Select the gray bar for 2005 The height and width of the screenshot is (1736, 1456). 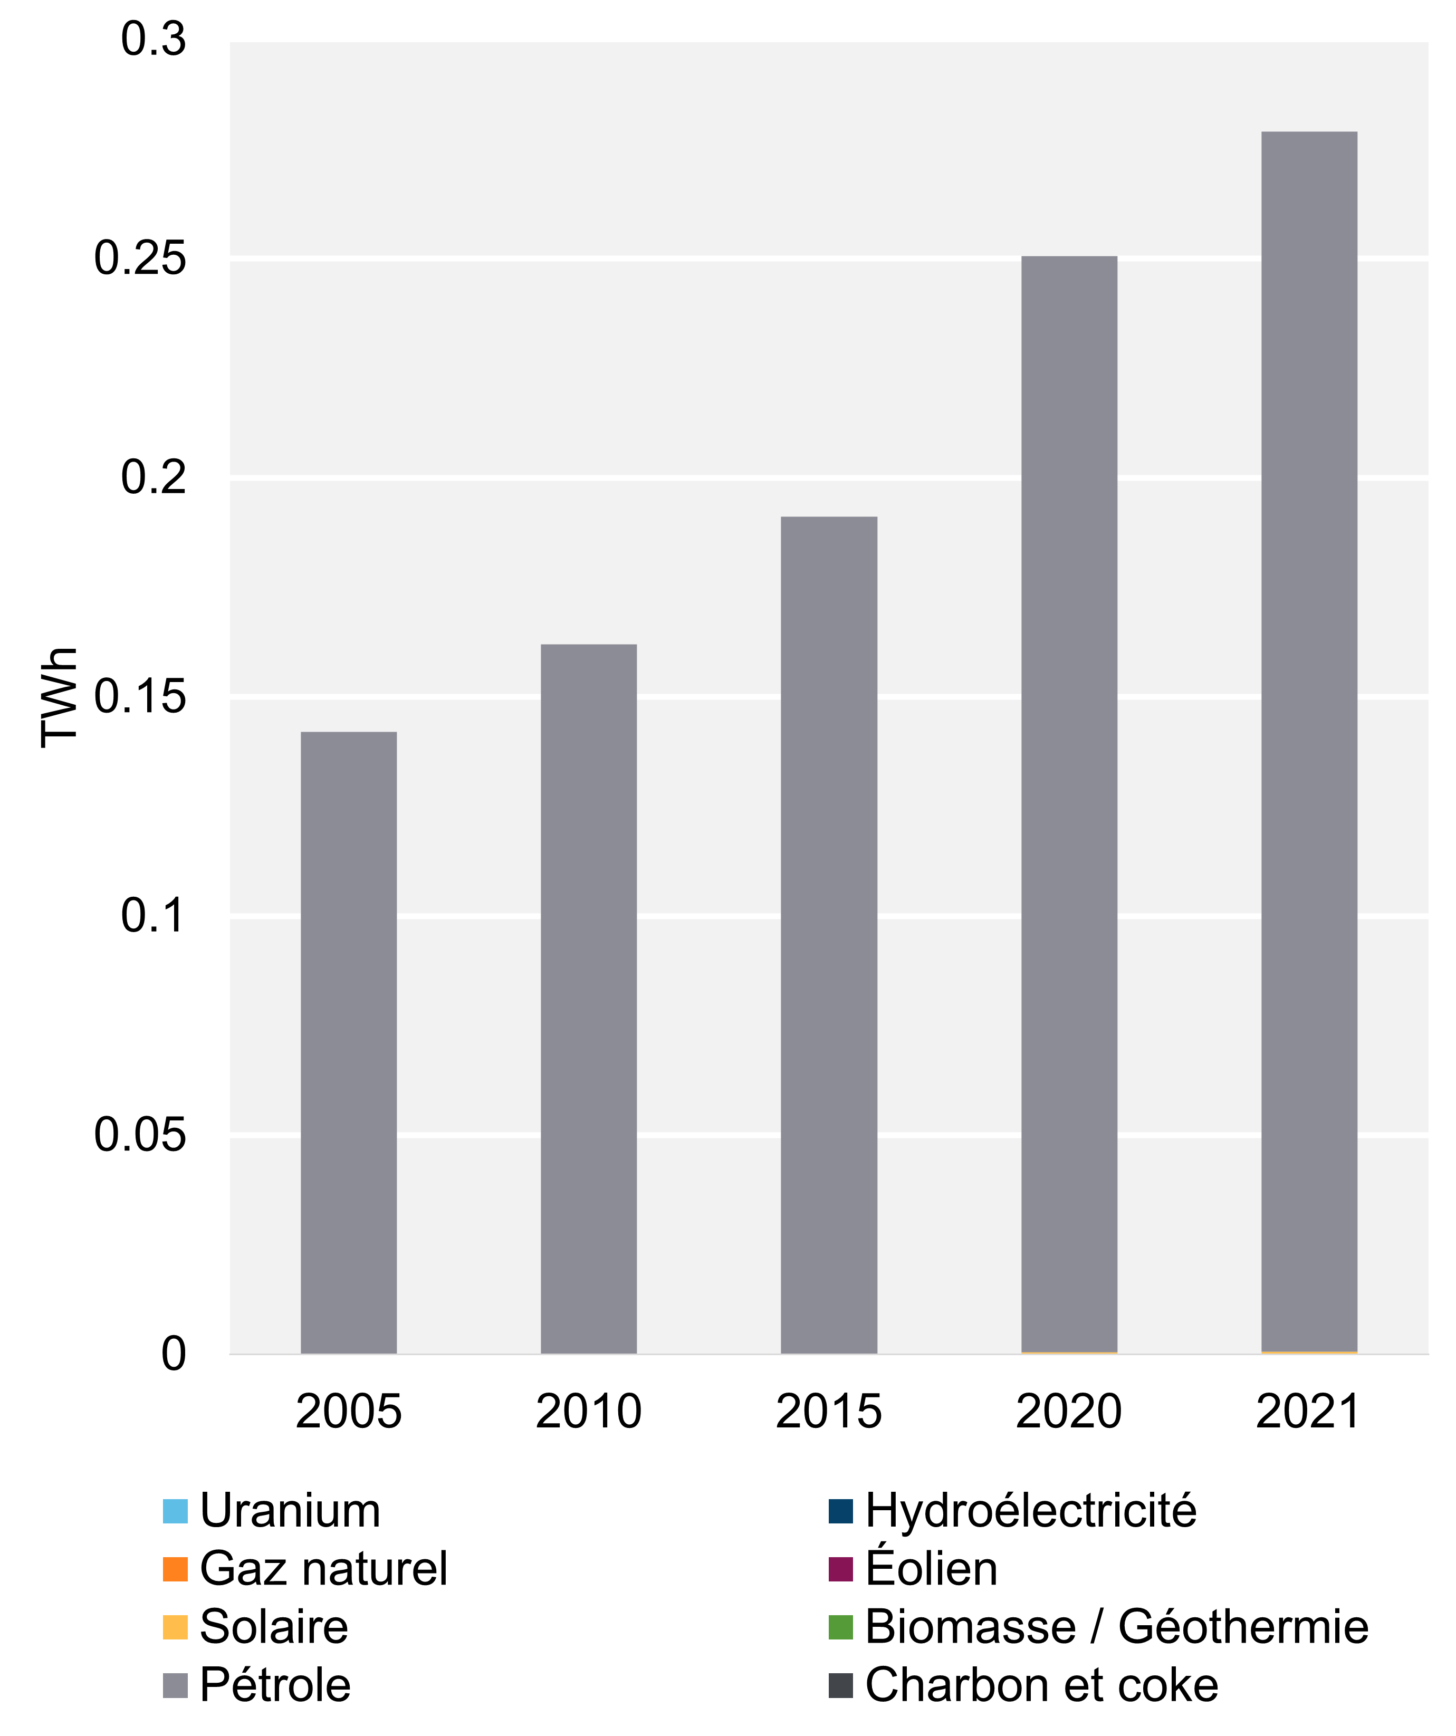(348, 1042)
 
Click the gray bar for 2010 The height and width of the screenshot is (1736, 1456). (589, 998)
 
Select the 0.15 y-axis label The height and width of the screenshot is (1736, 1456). (140, 697)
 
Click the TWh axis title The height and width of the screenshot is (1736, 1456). (60, 697)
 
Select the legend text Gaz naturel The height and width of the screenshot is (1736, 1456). (323, 1569)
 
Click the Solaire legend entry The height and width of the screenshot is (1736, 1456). (274, 1627)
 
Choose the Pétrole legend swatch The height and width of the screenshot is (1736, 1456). (175, 1685)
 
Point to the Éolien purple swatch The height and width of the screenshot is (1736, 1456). (840, 1569)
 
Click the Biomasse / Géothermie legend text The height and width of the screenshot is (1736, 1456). (1116, 1627)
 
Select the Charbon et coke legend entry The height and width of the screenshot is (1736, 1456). (1041, 1685)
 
